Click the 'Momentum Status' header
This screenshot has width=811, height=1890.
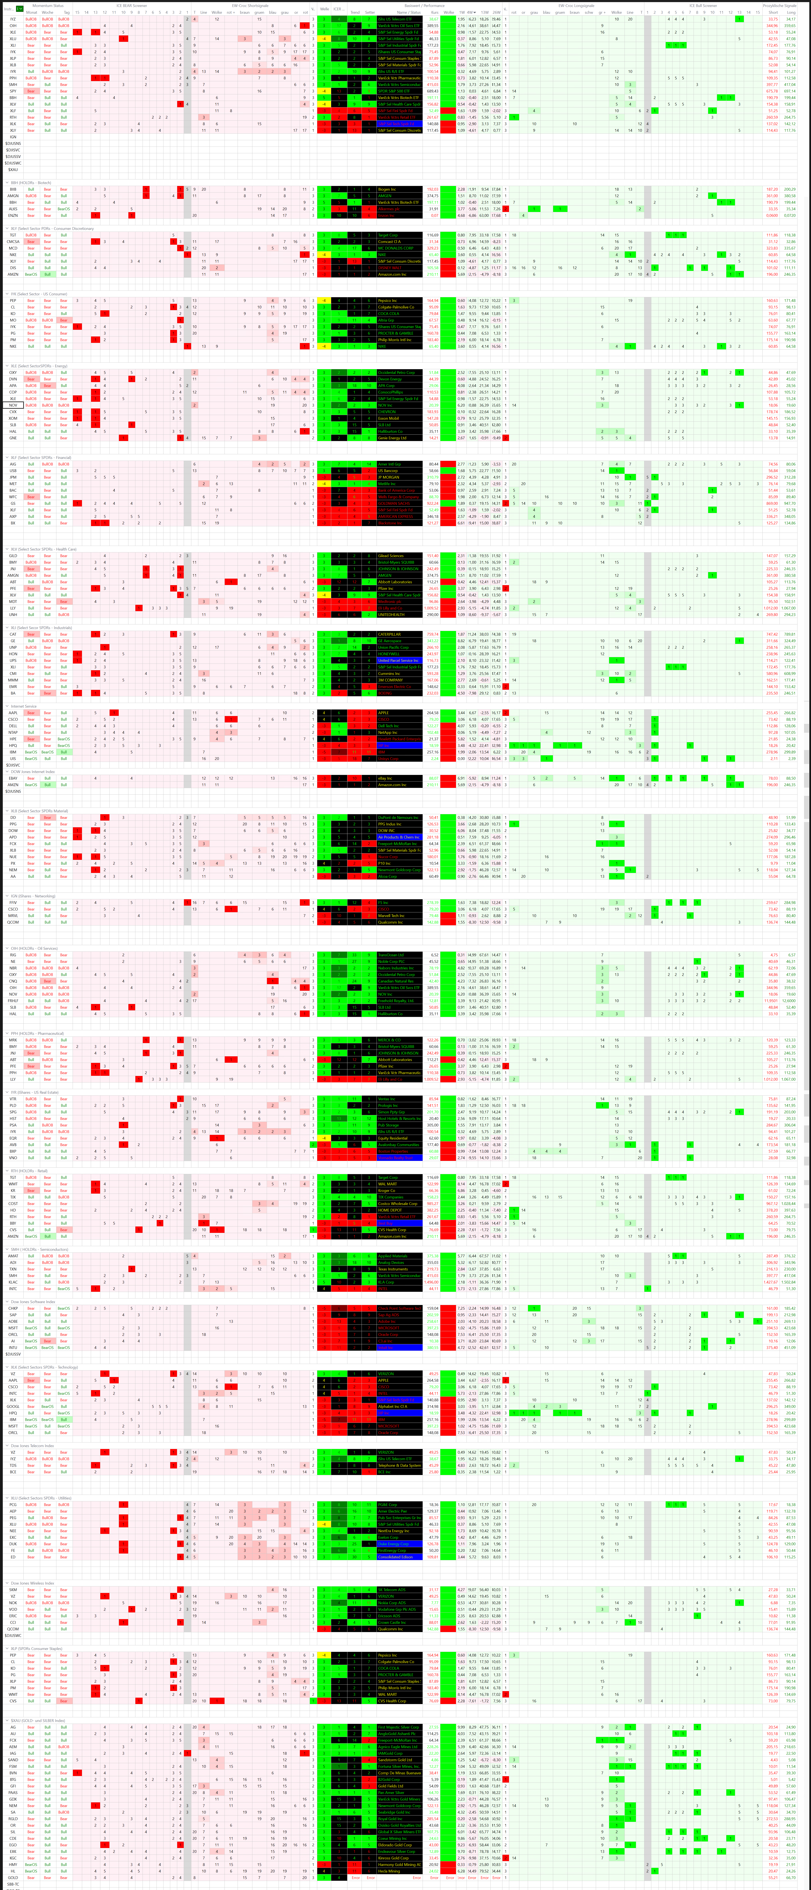[x=48, y=5]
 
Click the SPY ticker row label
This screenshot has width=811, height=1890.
[x=12, y=91]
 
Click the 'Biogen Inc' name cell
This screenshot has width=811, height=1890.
[x=388, y=189]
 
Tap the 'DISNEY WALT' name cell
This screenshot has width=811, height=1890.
[x=389, y=268]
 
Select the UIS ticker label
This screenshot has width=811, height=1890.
[x=12, y=759]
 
